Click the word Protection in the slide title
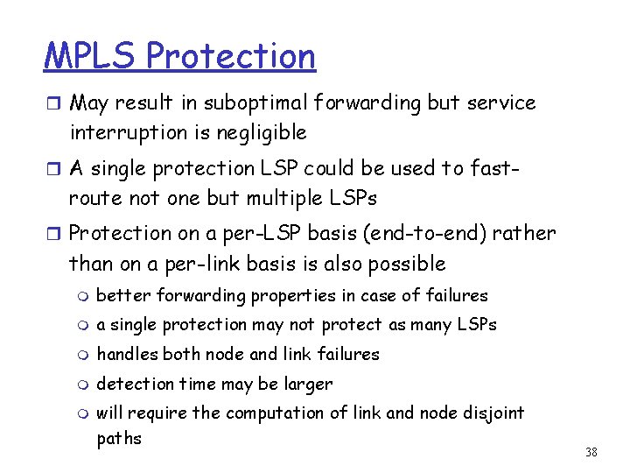coord(231,56)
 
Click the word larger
coord(307,384)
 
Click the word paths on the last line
coord(119,438)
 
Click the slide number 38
coord(591,452)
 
